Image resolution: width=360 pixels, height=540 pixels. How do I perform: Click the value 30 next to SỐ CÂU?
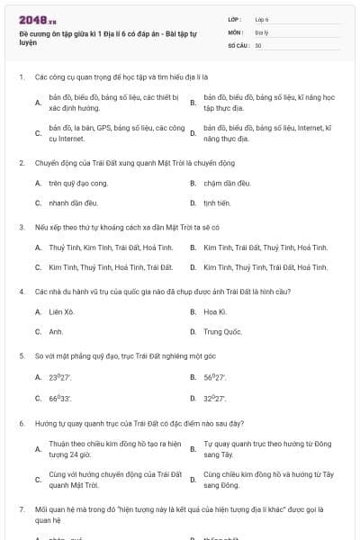coord(258,44)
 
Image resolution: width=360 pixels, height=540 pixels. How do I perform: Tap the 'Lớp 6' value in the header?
coord(262,18)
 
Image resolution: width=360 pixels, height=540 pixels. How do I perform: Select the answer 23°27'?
coord(59,377)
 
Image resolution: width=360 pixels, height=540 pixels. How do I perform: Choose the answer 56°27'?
coord(214,377)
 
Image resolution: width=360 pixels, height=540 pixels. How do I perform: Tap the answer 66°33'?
coord(59,397)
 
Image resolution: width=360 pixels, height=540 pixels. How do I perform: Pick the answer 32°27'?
coord(214,397)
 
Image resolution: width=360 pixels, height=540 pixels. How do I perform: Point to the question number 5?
coord(21,355)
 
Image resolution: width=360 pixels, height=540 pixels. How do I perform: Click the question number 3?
coord(21,228)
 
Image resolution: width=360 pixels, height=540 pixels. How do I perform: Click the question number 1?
coord(21,77)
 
